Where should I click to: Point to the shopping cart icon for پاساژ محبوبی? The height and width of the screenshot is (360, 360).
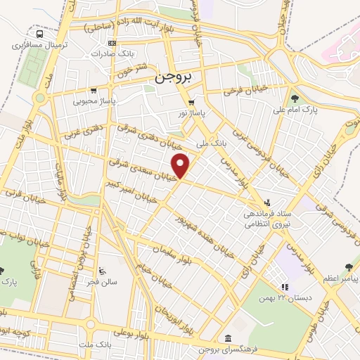pos(94,90)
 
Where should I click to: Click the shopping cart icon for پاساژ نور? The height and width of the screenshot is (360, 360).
pos(191,101)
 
